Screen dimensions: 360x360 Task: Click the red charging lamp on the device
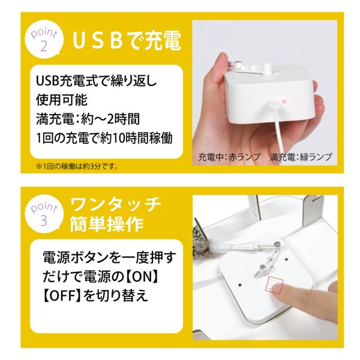coord(284,101)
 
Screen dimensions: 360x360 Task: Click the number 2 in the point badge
coord(44,46)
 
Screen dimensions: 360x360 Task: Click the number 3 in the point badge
coord(44,220)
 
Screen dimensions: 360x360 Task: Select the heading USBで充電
coord(127,41)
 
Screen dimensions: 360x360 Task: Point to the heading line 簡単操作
coord(107,224)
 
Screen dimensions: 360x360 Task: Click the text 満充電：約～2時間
coord(88,119)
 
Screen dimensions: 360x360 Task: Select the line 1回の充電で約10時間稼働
coord(104,139)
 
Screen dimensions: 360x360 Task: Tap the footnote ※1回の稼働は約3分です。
coord(77,166)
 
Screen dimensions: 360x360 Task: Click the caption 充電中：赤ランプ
coord(229,157)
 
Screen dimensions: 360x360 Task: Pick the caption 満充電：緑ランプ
coord(301,157)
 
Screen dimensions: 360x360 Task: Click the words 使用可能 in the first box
coord(62,100)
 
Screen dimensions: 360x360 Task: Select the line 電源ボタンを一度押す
coord(109,258)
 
